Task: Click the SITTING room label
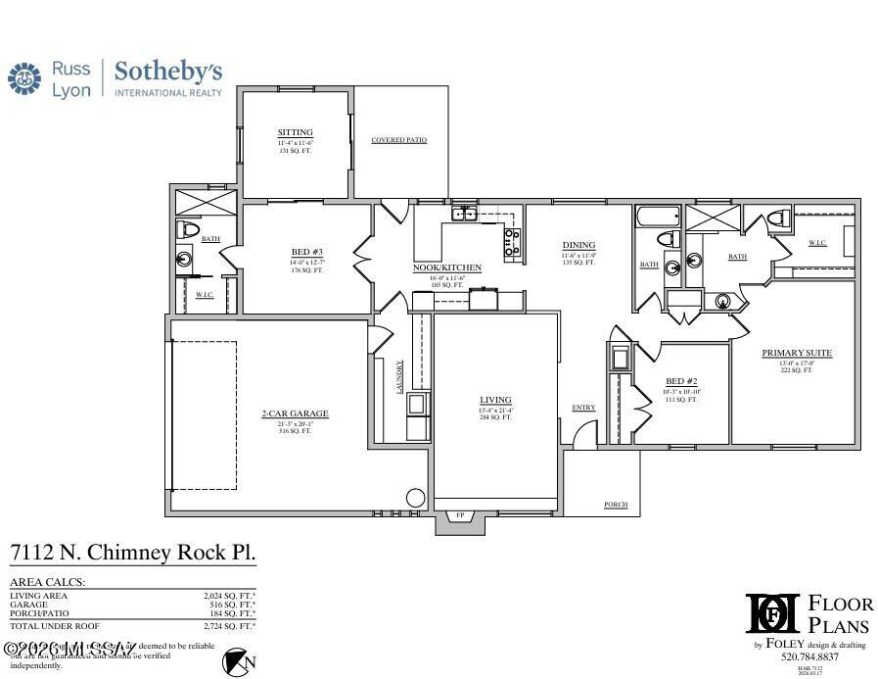coord(295,132)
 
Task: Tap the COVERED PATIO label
coord(399,140)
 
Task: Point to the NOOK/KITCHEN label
coord(446,267)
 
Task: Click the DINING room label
coord(578,245)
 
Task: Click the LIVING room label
coord(495,399)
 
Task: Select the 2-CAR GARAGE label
coord(295,413)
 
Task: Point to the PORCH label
coord(615,505)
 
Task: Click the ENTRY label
coord(583,408)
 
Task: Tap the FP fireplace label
coord(460,515)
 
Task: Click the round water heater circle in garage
coord(415,497)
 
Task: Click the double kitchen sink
coord(463,214)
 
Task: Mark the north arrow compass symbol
coord(235,661)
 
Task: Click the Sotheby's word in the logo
coord(168,72)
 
